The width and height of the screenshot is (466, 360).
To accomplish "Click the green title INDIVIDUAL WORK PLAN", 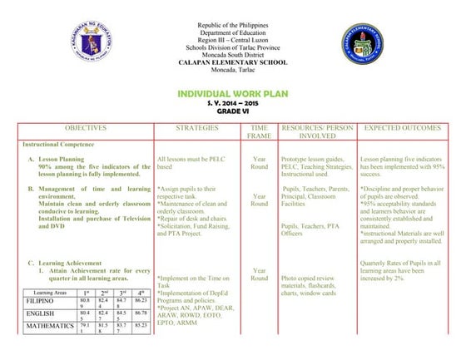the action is [233, 94].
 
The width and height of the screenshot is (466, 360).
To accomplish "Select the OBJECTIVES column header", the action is [86, 128].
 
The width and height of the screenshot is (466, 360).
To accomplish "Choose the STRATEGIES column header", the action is [197, 128].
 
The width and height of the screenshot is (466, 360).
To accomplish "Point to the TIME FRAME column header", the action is [259, 132].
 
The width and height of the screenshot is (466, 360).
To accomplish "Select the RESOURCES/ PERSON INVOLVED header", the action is [317, 132].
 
